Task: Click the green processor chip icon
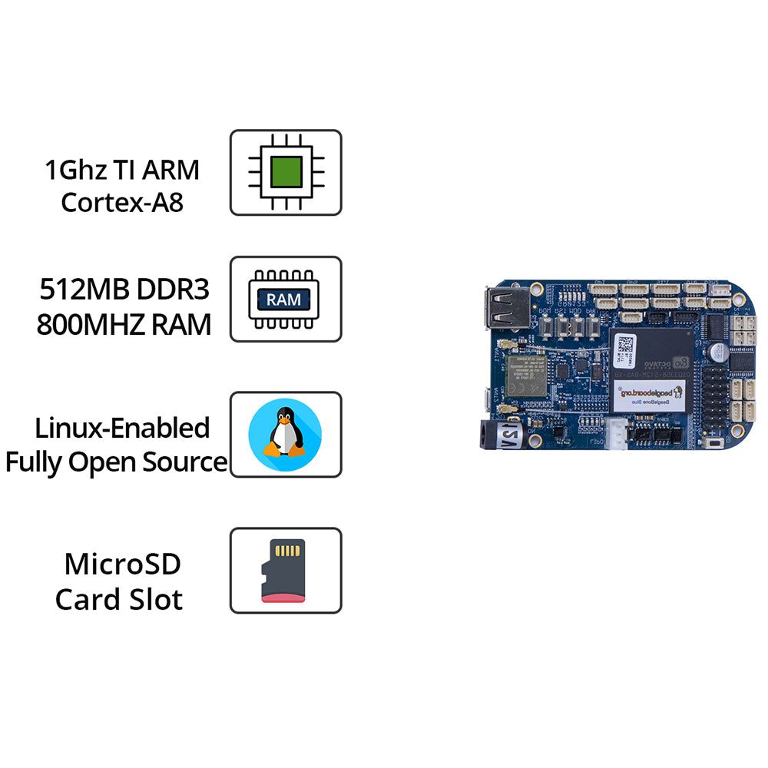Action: tap(286, 172)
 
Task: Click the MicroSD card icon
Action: tap(283, 570)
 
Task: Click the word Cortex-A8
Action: tap(122, 203)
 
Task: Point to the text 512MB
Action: tap(83, 290)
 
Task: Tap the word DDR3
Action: tap(172, 290)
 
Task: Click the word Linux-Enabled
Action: tap(122, 427)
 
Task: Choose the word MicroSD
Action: tap(122, 564)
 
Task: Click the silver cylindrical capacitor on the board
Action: tap(722, 352)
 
